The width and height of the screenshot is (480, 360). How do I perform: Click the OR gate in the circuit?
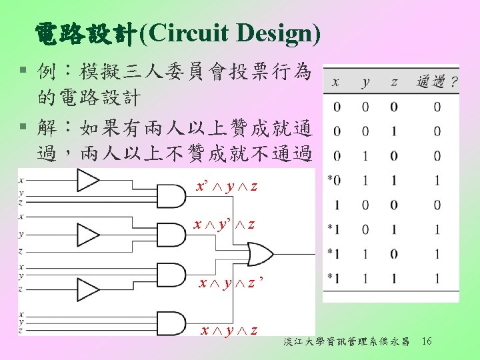pyautogui.click(x=259, y=254)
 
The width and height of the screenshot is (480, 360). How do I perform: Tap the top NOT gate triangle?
pyautogui.click(x=87, y=179)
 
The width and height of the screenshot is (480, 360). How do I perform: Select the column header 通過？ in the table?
pyautogui.click(x=437, y=82)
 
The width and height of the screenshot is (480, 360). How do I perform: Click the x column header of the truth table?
pyautogui.click(x=335, y=83)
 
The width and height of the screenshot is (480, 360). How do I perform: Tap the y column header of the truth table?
pyautogui.click(x=365, y=83)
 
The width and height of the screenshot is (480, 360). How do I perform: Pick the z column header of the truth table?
pyautogui.click(x=394, y=83)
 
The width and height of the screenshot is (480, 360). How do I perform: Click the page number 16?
pyautogui.click(x=427, y=341)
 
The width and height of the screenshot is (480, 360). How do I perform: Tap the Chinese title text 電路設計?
pyautogui.click(x=85, y=32)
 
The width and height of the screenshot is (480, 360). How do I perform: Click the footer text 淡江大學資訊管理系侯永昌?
pyautogui.click(x=346, y=342)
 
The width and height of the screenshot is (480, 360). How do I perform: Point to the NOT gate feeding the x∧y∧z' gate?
pyautogui.click(x=87, y=289)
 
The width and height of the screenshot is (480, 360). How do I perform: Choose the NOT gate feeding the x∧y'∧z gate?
pyautogui.click(x=87, y=234)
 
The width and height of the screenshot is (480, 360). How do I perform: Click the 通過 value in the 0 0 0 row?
pyautogui.click(x=437, y=107)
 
